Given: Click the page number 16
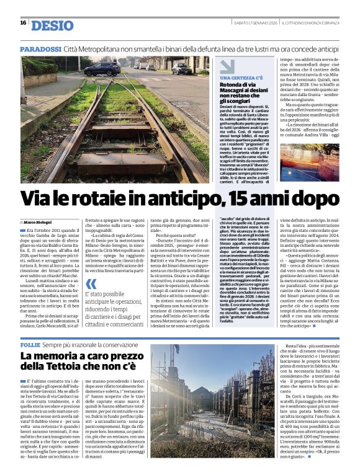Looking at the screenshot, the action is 23,23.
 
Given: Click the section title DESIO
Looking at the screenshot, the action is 52,25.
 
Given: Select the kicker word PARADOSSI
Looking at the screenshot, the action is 40,48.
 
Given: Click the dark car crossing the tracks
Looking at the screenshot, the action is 182,68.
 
